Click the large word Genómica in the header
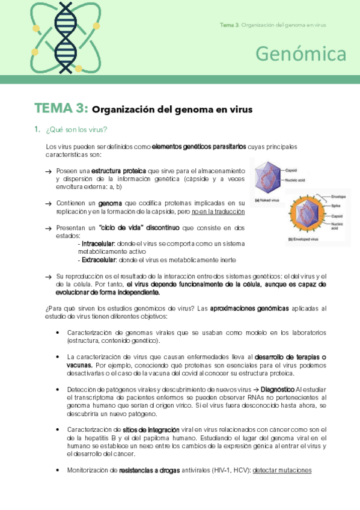pos(301,54)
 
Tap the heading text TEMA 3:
pos(62,109)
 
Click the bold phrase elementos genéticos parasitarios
pos(199,146)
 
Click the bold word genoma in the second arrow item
pos(111,203)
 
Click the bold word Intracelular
pos(98,244)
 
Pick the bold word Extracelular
pos(99,260)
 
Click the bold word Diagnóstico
pos(278,389)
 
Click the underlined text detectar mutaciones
pos(282,470)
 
